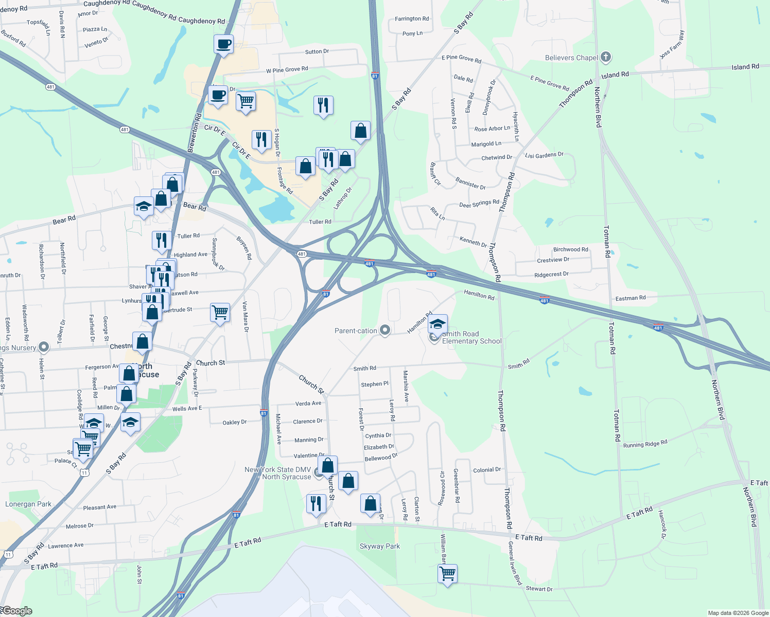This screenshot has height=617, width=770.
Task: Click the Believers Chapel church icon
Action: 606,57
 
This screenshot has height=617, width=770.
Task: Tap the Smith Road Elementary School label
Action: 472,338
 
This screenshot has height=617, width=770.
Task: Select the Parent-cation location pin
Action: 385,330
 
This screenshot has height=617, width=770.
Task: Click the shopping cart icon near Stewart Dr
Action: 447,573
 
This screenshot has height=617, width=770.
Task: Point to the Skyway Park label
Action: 380,547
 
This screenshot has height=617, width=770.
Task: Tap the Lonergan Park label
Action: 28,504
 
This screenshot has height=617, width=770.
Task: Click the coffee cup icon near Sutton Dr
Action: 223,44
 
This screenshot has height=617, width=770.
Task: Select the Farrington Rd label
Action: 412,19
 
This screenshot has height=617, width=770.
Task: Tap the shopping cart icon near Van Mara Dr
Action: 220,312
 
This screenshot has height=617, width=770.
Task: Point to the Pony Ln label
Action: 412,33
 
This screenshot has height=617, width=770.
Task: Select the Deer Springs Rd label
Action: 479,204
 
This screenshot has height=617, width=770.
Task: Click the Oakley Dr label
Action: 235,423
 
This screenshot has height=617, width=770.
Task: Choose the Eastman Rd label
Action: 631,298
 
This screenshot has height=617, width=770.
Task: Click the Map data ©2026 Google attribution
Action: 738,613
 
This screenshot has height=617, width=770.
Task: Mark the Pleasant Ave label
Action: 100,507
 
